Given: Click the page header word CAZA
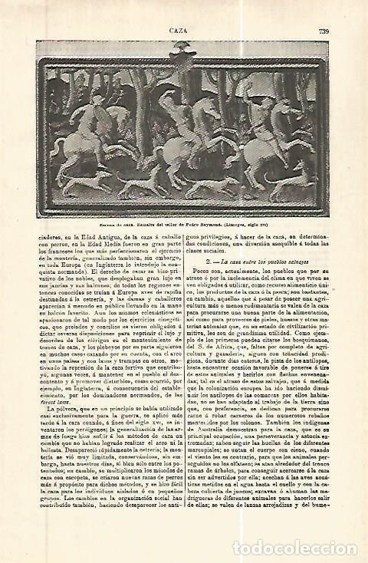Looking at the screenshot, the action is pos(184,8).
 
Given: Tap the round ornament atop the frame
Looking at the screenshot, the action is pos(184,29).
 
